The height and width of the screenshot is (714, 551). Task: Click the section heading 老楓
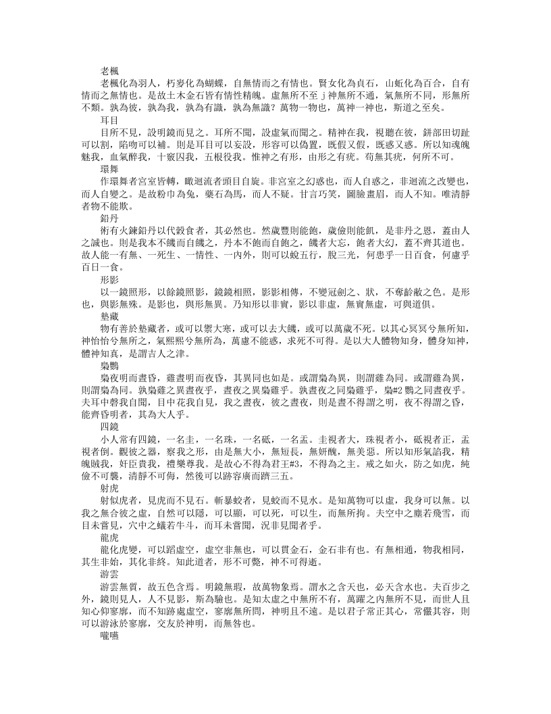(110, 70)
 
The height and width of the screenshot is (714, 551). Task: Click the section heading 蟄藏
(110, 315)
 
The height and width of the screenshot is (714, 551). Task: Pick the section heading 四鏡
(110, 427)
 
